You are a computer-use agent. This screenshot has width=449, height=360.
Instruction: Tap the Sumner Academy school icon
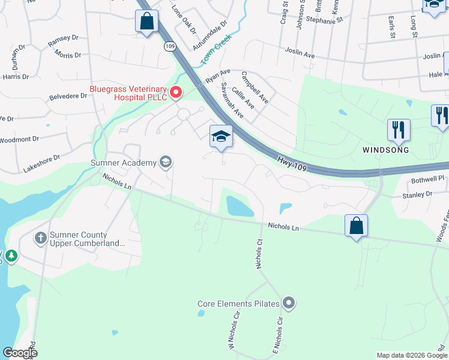pos(165,162)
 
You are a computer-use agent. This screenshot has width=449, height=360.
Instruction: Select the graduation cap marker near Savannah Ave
pos(220,136)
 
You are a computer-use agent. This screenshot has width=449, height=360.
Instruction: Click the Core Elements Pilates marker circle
pos(289,304)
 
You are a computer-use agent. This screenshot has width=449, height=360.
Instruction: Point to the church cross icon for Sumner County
pos(41,239)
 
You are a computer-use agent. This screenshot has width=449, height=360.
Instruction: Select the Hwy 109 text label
pos(292,163)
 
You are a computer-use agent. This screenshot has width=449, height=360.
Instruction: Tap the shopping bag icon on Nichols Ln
pos(356,226)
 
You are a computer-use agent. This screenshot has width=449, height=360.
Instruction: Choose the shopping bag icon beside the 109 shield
pos(146,22)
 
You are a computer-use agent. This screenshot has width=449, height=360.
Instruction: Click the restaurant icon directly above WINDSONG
pos(399,129)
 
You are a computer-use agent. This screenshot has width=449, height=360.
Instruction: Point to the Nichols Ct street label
pos(260,254)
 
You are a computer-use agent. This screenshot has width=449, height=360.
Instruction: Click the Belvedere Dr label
pos(68,96)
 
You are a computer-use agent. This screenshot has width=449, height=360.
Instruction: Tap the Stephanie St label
pos(324,19)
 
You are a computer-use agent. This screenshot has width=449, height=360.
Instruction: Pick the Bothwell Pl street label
pos(426,179)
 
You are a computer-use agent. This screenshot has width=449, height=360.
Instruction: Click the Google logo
pos(20,353)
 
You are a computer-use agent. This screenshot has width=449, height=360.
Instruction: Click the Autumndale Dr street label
pos(210,37)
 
